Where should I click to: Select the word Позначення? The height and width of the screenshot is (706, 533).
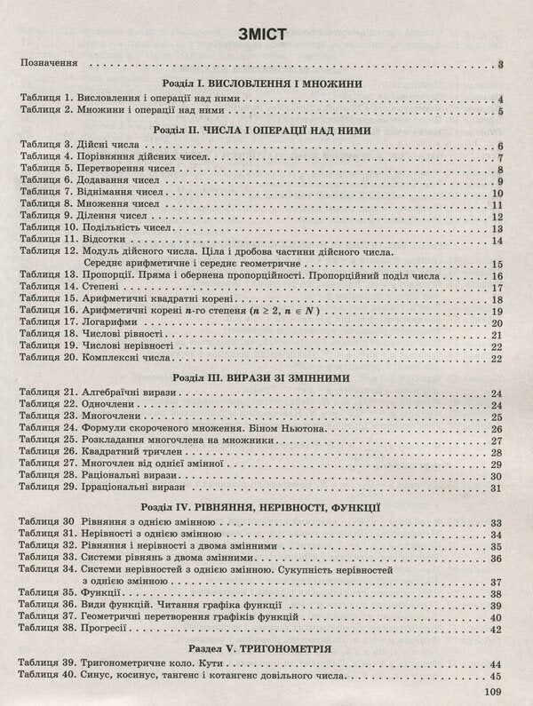pyautogui.click(x=51, y=64)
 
